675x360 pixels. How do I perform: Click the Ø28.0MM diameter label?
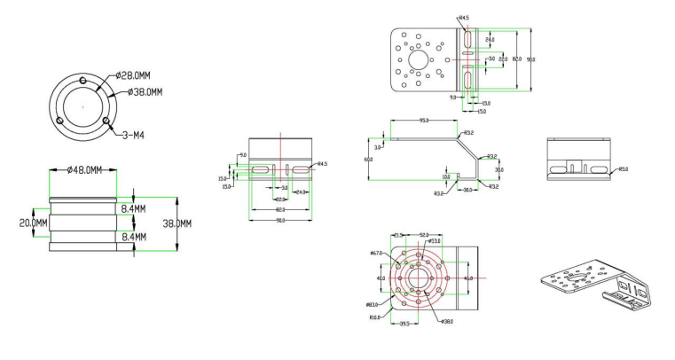tap(135, 77)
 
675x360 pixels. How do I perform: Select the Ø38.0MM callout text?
tap(149, 91)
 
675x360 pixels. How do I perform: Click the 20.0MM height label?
tap(34, 223)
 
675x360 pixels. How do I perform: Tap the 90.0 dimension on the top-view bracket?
tap(530, 59)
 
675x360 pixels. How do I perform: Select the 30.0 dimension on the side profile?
tap(498, 169)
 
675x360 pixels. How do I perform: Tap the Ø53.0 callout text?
tap(435, 240)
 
